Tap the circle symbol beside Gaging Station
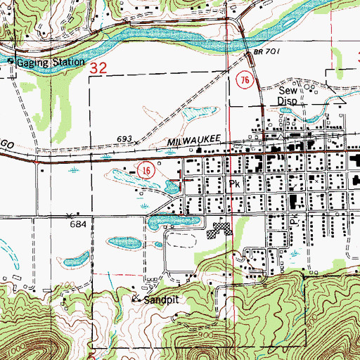click(x=11, y=60)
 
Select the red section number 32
click(x=98, y=68)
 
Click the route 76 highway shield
click(x=244, y=79)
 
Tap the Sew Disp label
click(x=288, y=96)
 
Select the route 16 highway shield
click(x=146, y=171)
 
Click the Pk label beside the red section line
click(x=236, y=182)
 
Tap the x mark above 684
click(x=69, y=214)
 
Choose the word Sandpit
click(x=159, y=299)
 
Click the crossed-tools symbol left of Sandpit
click(x=136, y=298)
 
